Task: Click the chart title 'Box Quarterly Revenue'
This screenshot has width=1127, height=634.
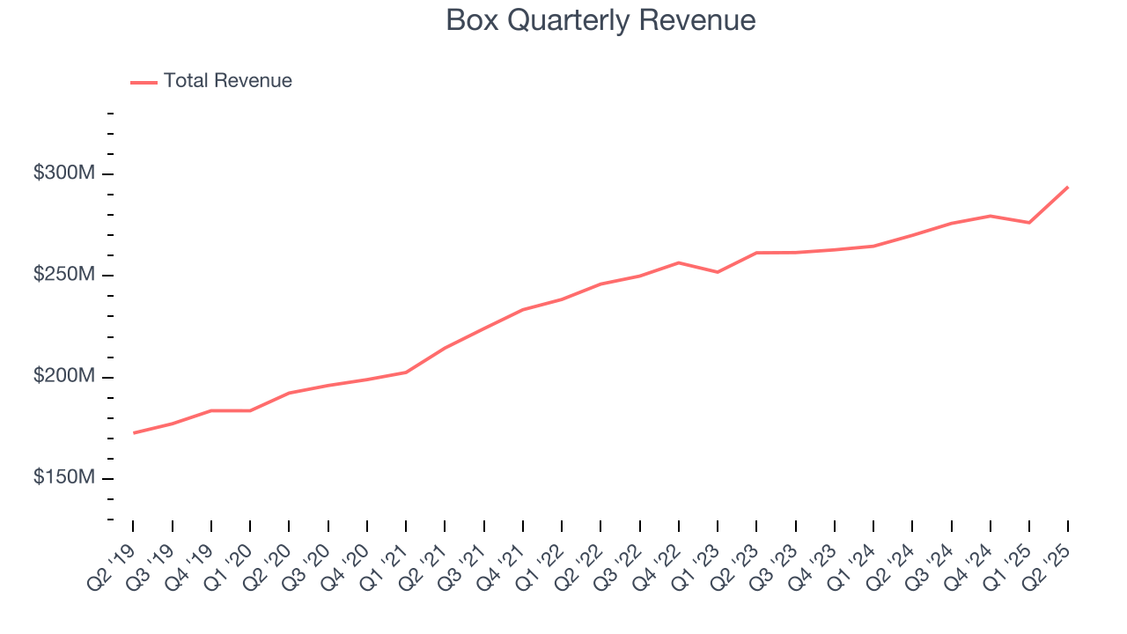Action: (600, 20)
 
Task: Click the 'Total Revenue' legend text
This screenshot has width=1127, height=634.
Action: (227, 81)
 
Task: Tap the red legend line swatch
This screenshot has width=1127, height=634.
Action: (144, 82)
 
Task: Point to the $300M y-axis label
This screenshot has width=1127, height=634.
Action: (63, 173)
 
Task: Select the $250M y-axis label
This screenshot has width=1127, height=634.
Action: (63, 275)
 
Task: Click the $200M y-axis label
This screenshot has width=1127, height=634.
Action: (63, 377)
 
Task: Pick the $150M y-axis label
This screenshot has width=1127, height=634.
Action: (63, 478)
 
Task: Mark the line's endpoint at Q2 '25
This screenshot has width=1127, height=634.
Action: (1068, 187)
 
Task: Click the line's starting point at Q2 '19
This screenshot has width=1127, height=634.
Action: (134, 432)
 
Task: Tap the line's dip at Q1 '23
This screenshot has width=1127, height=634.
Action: (718, 272)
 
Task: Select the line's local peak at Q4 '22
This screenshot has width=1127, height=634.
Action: (679, 262)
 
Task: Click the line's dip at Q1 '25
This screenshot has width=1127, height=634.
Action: (1029, 223)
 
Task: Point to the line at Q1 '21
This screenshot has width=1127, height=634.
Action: (406, 372)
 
